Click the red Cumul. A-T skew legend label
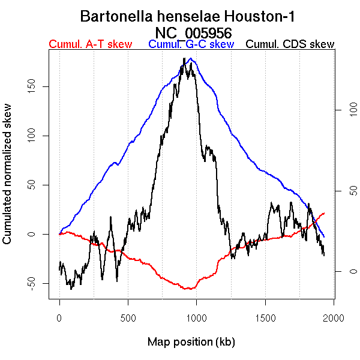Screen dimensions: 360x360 tap(90, 44)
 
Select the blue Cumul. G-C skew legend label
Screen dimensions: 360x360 tap(191, 44)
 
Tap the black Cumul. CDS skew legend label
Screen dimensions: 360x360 tap(290, 44)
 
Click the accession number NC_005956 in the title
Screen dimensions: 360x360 tap(193, 32)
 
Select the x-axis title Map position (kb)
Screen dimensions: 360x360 tap(191, 342)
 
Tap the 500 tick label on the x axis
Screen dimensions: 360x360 tap(128, 317)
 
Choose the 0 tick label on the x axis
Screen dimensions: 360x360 tap(59, 317)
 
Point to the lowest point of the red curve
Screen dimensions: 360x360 tap(189, 289)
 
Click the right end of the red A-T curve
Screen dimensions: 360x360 tap(325, 213)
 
